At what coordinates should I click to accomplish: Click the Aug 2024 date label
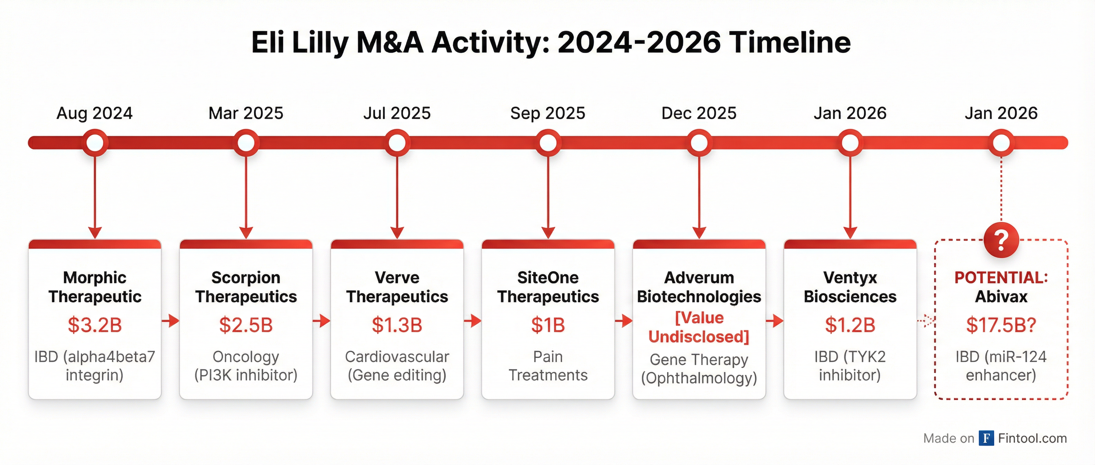pyautogui.click(x=94, y=113)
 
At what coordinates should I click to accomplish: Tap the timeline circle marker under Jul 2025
pyautogui.click(x=397, y=143)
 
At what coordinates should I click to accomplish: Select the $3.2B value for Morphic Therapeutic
pyautogui.click(x=94, y=325)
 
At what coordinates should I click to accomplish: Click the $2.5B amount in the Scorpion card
pyautogui.click(x=246, y=325)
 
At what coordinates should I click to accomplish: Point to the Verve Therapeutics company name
pyautogui.click(x=397, y=287)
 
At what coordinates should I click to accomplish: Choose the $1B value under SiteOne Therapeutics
pyautogui.click(x=548, y=325)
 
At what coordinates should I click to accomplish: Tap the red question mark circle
pyautogui.click(x=1001, y=240)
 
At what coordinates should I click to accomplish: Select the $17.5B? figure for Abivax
pyautogui.click(x=1001, y=325)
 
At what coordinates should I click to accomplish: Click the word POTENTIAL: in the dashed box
pyautogui.click(x=1001, y=278)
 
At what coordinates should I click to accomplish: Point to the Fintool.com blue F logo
pyautogui.click(x=986, y=438)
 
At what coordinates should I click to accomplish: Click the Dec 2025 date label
pyautogui.click(x=699, y=113)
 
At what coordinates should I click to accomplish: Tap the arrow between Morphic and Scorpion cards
pyautogui.click(x=170, y=320)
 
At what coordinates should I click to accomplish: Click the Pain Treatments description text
pyautogui.click(x=548, y=366)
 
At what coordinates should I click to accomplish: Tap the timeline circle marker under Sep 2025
pyautogui.click(x=548, y=143)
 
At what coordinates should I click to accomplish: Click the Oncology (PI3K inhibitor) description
pyautogui.click(x=246, y=366)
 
